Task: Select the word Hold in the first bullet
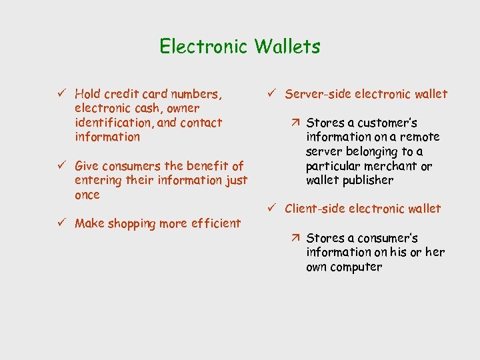87,94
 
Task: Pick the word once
87,195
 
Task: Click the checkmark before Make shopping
60,223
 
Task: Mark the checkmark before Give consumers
60,165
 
